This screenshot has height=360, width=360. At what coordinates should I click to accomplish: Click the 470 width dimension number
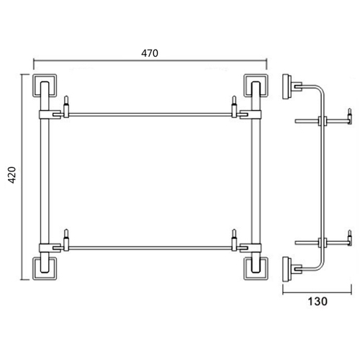(x=150, y=53)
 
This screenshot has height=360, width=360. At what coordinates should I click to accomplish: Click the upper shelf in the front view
(x=150, y=112)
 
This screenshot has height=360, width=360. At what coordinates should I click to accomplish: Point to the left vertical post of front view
(x=44, y=176)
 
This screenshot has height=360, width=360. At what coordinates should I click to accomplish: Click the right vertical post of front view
(x=254, y=176)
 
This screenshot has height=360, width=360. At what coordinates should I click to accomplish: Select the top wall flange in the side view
(x=289, y=86)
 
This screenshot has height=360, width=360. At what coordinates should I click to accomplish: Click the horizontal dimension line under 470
(x=150, y=63)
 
